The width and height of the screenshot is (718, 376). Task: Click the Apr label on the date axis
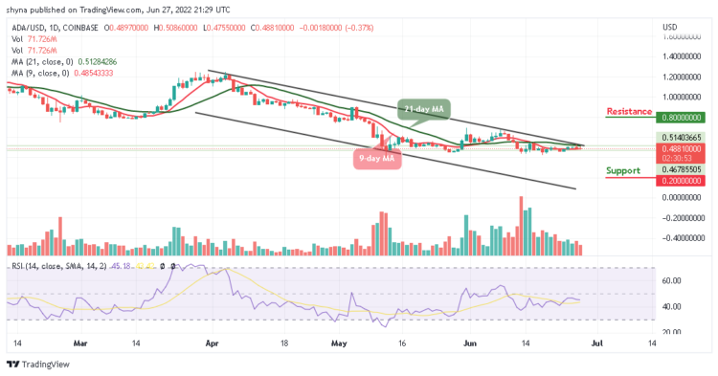point(212,346)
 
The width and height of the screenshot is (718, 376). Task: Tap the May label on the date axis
point(336,346)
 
